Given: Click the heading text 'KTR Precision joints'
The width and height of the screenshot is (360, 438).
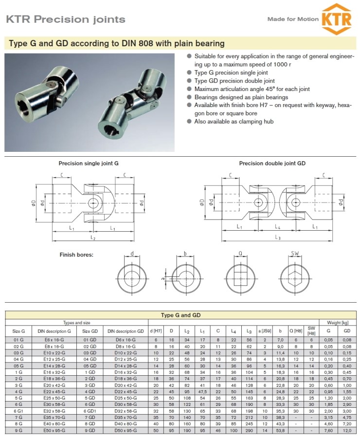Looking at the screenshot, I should [66, 19].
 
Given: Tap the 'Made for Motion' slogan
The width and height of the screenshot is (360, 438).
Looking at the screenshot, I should [293, 19].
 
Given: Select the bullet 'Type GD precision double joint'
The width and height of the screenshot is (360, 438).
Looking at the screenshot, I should [234, 81].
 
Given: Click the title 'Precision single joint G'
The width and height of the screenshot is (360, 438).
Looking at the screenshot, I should [89, 164].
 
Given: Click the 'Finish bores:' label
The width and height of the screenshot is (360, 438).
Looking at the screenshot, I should [76, 255].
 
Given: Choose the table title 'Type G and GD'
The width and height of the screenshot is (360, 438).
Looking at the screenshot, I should [180, 315].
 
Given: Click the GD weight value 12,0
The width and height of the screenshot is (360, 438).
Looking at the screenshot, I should [347, 430].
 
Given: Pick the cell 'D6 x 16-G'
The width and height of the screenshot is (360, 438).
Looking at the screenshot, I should [126, 339].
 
